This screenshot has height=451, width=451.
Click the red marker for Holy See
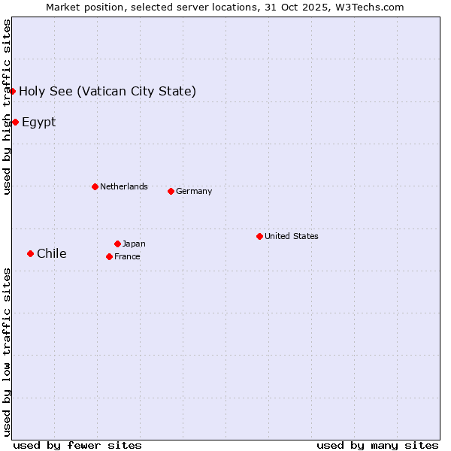(13, 91)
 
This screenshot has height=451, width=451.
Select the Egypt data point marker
(15, 122)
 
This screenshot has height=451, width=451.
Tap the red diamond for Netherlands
(95, 186)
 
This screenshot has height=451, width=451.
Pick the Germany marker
(171, 191)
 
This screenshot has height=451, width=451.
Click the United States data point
(259, 236)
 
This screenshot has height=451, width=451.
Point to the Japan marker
(117, 244)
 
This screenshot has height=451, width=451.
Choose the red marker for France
(109, 256)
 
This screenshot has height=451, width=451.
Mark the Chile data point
(30, 253)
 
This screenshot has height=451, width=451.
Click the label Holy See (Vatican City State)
(107, 92)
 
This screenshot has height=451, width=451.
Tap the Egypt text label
(38, 123)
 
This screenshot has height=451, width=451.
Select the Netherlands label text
(123, 186)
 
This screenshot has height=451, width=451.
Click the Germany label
(194, 191)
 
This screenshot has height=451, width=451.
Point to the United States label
(291, 236)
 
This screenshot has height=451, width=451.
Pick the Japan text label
(134, 244)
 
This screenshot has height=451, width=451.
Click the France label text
(127, 256)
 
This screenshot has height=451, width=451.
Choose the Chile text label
(51, 253)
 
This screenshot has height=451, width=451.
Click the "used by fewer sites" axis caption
(77, 445)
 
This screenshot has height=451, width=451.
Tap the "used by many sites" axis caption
(377, 445)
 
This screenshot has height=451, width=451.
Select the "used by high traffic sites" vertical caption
(7, 107)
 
